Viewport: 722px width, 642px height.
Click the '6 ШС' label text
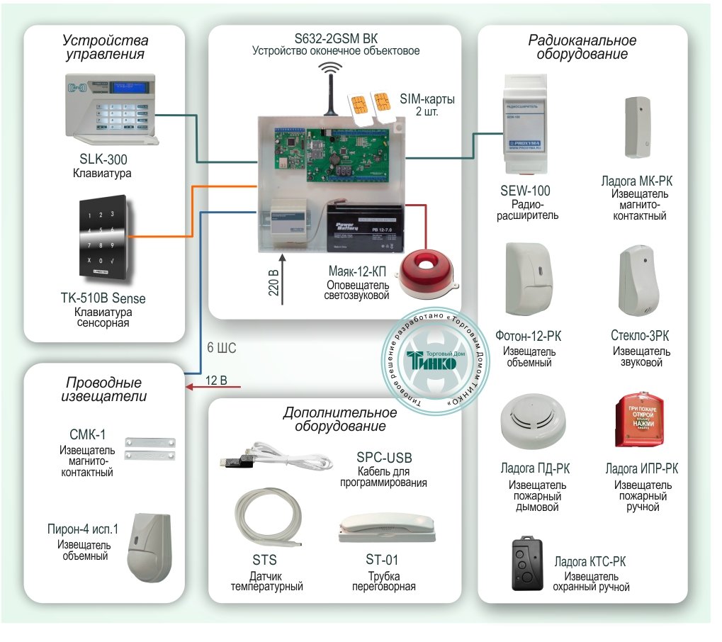(x=221, y=349)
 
